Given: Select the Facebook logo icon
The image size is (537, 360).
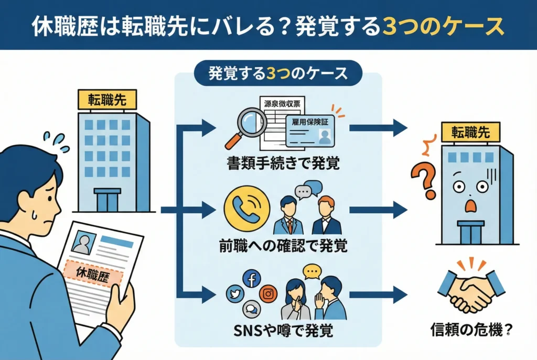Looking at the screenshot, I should (251, 279).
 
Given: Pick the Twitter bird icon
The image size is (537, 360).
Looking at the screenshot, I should (235, 294).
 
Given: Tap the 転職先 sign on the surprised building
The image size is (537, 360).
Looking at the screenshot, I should (470, 133).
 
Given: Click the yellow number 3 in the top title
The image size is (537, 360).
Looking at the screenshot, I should (390, 26).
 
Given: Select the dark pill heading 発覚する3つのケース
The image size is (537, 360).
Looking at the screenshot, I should (278, 73).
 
